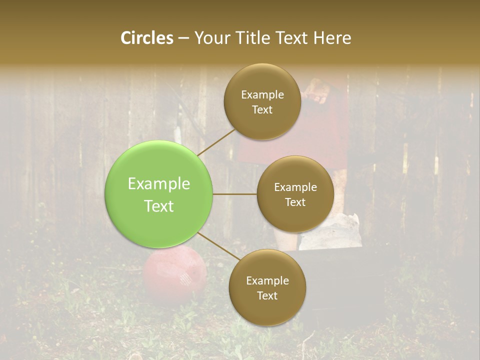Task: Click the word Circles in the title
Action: pos(146,38)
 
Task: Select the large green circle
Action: pos(159,194)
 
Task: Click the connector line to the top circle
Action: pos(216,141)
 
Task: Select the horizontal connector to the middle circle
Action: pos(234,194)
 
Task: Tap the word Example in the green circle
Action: pos(159,184)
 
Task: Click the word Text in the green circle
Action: pos(159,206)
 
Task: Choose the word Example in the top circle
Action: pos(262,95)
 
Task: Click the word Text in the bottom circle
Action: pos(267,296)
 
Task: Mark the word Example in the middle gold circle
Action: pos(295,187)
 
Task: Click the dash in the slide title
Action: pos(183,38)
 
